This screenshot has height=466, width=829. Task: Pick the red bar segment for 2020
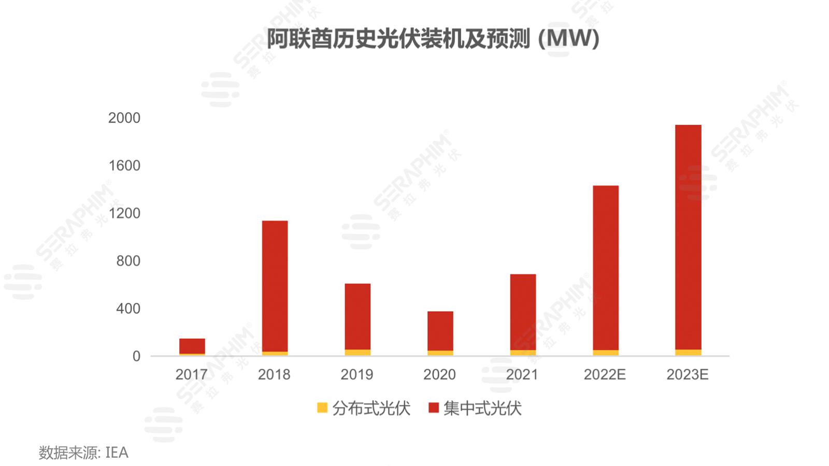point(440,330)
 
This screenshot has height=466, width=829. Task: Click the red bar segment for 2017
point(192,345)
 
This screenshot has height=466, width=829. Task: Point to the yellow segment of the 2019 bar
point(358,353)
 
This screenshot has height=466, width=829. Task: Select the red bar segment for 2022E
point(605,267)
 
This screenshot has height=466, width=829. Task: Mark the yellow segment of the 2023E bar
point(688,353)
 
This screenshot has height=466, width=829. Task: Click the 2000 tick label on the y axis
point(124,118)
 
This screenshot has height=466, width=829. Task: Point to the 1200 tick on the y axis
point(124,213)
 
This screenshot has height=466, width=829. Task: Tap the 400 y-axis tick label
point(128,309)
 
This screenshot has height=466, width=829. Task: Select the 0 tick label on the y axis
point(136,356)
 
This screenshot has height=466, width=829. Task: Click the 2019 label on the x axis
point(356,374)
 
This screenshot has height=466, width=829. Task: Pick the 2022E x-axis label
point(605,374)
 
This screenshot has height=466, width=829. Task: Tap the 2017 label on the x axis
point(191,374)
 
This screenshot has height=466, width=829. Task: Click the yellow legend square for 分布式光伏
point(322,408)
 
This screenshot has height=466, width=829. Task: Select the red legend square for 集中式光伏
point(434,408)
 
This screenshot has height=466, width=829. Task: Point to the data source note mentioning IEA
point(83,453)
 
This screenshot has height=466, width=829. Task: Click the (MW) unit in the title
point(569,39)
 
